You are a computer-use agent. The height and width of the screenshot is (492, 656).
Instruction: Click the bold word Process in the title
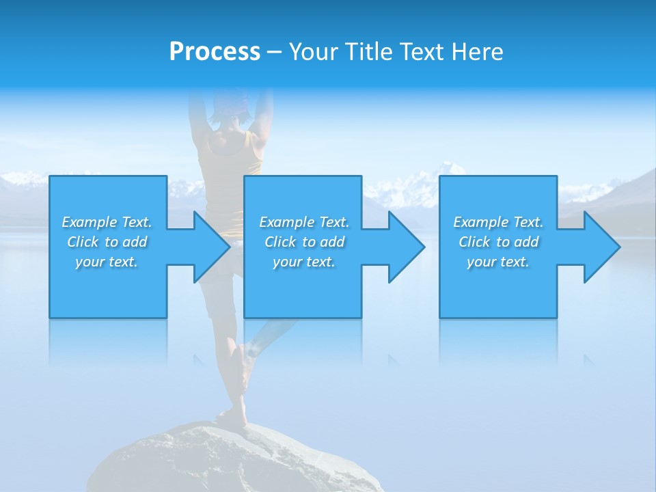pos(215,52)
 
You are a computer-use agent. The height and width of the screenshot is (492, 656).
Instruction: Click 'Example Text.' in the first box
pos(107,222)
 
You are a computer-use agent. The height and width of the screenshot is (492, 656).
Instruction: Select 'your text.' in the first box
pos(107,262)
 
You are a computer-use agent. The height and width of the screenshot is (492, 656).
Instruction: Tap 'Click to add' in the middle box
pos(304,242)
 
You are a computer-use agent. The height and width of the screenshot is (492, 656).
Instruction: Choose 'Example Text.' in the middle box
pos(304,222)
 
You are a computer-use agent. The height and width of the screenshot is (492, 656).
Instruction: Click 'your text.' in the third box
pos(498,262)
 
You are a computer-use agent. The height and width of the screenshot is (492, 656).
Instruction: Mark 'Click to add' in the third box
pos(498,242)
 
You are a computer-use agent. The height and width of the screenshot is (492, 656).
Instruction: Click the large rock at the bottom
pos(225,461)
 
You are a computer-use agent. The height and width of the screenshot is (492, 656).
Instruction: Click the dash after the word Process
pos(274,52)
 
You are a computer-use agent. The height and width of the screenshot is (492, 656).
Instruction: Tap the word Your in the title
pos(313,52)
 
